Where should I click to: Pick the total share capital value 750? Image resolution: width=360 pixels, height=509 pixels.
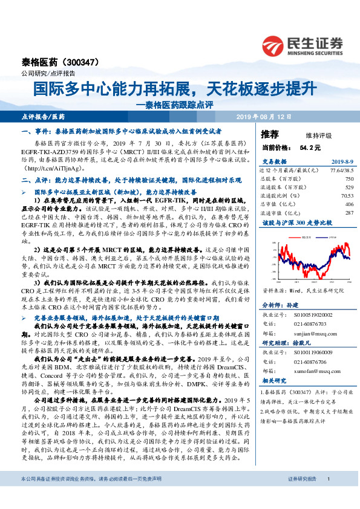(x=349, y=179)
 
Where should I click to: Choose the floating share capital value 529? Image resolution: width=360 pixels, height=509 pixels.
(x=349, y=187)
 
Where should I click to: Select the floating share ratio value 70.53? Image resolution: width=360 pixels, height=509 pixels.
(x=347, y=196)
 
